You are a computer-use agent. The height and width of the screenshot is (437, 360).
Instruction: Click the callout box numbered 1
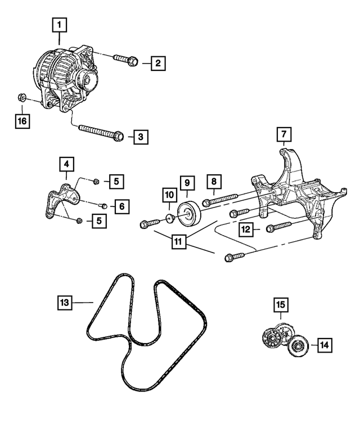[60, 25]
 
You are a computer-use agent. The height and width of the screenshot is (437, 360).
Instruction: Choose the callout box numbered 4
[66, 165]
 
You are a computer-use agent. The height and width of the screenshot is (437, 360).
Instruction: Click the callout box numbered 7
[284, 134]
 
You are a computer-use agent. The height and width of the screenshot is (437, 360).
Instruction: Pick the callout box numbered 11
[178, 242]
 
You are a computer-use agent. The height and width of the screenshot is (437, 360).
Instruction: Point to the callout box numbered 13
[65, 303]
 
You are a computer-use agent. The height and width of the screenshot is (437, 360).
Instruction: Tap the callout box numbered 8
[214, 182]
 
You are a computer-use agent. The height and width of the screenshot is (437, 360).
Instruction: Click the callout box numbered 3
[141, 136]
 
